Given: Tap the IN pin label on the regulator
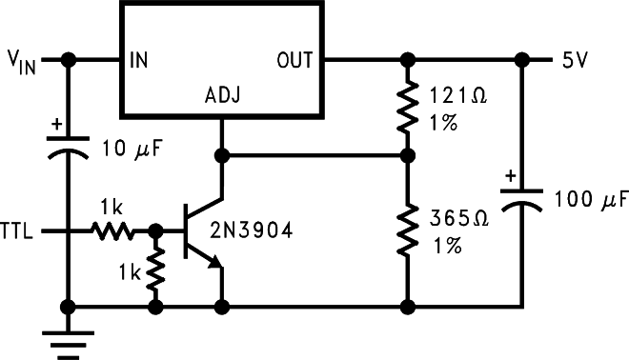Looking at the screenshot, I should click(x=137, y=60).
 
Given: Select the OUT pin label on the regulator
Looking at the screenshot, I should click(x=295, y=60).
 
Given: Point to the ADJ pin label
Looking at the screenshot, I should click(x=221, y=97).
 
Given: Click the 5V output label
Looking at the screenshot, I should click(x=575, y=60).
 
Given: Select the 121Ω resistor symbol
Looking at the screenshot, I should click(x=408, y=107).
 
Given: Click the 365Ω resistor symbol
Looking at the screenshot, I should click(x=408, y=230).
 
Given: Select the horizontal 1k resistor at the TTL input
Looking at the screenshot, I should click(x=114, y=230).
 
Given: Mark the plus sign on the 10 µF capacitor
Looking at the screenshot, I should click(x=55, y=124).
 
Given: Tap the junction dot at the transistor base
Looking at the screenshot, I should click(x=154, y=230).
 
